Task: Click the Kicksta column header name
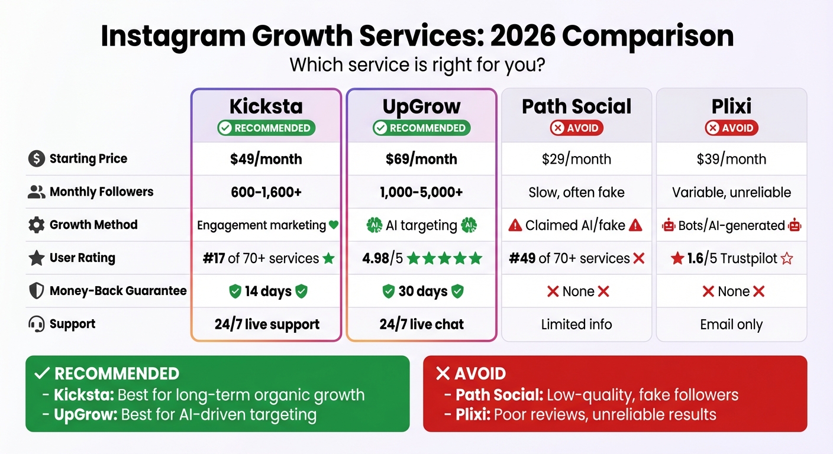click(x=266, y=106)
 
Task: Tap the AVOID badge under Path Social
click(x=576, y=128)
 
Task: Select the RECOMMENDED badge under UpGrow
click(x=421, y=128)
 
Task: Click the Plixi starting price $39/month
click(x=731, y=159)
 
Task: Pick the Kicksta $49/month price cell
click(x=266, y=159)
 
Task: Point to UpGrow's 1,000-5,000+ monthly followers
click(x=421, y=192)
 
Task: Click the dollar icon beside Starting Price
click(x=37, y=159)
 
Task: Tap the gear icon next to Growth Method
click(x=37, y=225)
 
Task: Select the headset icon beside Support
click(x=37, y=325)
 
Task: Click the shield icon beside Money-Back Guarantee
click(x=37, y=291)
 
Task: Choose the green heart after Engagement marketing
click(x=333, y=225)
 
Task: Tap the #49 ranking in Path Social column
click(x=522, y=258)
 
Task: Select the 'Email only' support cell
click(x=731, y=325)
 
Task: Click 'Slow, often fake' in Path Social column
click(x=576, y=192)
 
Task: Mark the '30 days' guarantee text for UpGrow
click(x=422, y=291)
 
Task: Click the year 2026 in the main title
click(x=522, y=37)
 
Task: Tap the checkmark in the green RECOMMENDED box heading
click(x=41, y=374)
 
